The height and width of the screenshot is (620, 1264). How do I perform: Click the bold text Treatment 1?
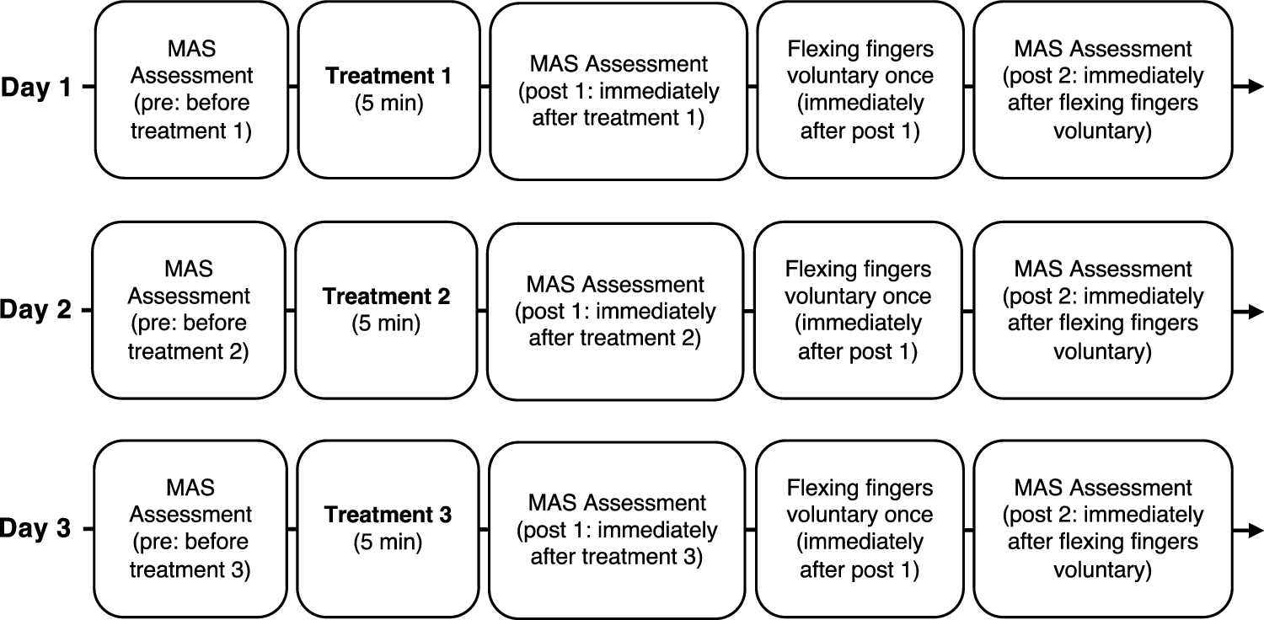pos(388,76)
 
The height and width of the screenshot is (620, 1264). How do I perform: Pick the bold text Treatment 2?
pos(387,297)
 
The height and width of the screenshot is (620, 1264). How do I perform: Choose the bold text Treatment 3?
pos(388,514)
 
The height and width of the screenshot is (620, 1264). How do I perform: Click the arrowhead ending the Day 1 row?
pos(1255,87)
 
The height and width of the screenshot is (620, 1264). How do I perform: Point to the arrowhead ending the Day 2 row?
pos(1255,310)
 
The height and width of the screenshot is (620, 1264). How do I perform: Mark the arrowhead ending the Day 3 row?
pos(1255,530)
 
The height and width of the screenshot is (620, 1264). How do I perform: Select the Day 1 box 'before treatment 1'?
pos(191,88)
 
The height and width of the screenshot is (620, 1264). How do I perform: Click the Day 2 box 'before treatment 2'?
pos(189,310)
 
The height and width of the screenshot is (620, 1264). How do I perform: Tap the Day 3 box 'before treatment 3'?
pos(191,530)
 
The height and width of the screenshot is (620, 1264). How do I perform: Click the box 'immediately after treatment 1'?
pos(618,91)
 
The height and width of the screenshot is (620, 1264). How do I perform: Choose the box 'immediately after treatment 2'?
pos(615,311)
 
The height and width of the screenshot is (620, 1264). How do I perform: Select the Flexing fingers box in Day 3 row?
pos(859,530)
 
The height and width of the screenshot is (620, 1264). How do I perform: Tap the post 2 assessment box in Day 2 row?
pos(1103,310)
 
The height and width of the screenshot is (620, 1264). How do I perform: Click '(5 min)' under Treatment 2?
pos(387,323)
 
